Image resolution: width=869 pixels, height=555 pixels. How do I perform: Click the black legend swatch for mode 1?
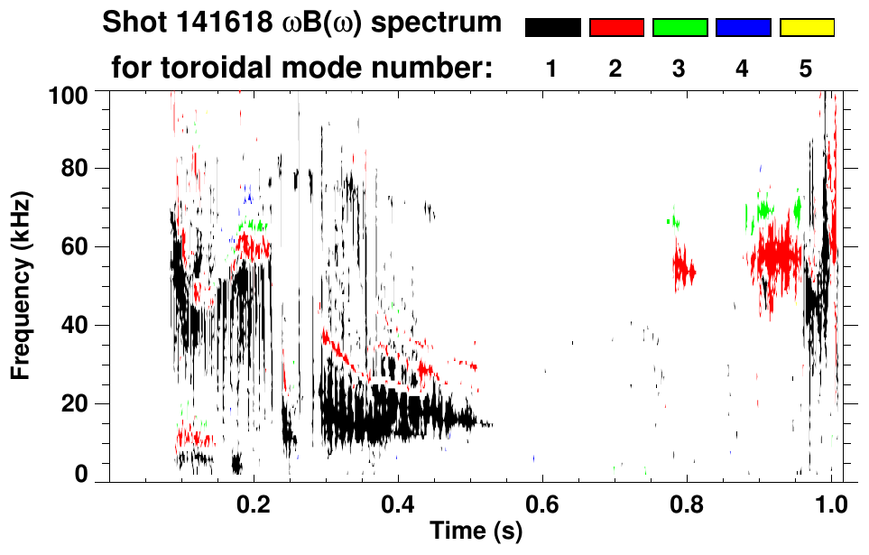(552, 28)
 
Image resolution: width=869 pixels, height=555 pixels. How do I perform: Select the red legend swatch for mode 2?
(616, 28)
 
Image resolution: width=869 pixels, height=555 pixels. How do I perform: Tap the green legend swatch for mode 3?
(679, 28)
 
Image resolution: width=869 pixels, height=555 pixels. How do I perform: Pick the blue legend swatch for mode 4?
(743, 28)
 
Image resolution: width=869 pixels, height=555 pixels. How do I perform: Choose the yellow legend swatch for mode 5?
(807, 28)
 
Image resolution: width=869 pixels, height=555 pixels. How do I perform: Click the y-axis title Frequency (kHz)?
(23, 284)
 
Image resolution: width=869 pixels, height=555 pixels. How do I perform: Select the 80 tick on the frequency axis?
(74, 169)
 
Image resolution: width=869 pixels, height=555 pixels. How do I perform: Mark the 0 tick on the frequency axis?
(80, 473)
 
